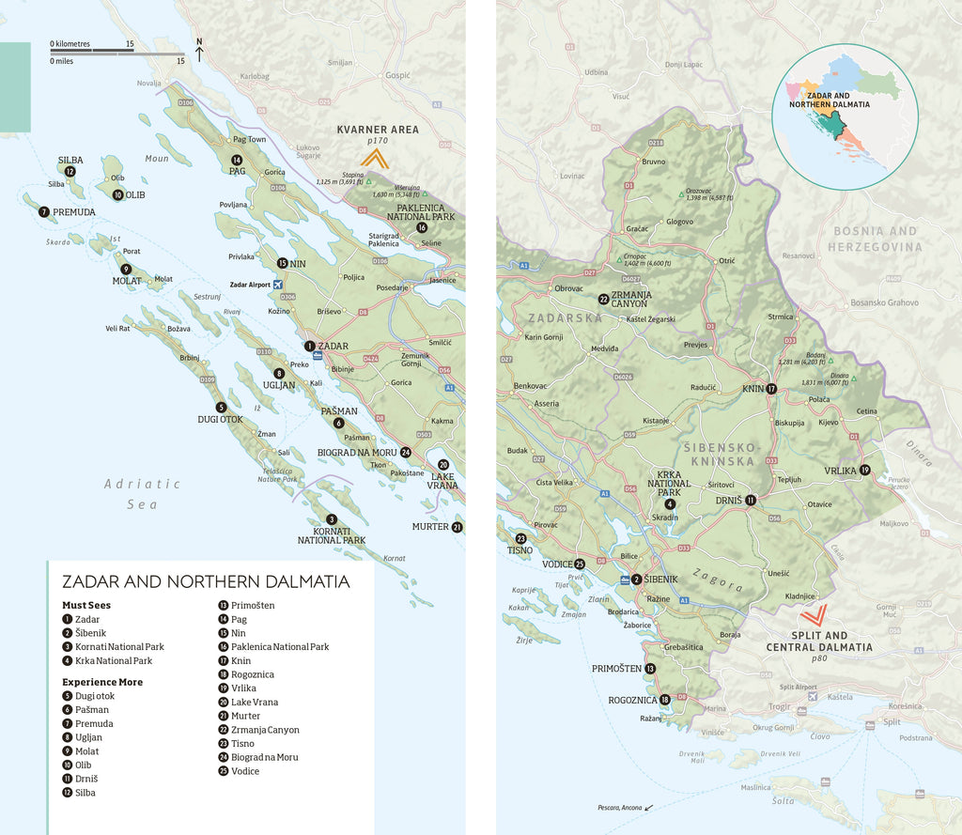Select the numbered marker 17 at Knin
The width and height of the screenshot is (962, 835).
coord(771,389)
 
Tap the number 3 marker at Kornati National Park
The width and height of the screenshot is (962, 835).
coord(332,519)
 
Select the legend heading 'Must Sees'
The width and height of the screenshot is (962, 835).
coord(86,606)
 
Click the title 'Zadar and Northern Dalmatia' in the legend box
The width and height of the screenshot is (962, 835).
coord(206,581)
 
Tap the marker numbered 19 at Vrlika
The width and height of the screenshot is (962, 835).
coord(864,471)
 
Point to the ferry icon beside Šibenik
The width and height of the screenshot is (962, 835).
coord(626,580)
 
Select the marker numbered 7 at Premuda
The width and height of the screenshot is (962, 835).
coord(44,212)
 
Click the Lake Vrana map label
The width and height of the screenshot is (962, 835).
coord(443,479)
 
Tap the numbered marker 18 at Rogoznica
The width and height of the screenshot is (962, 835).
coord(665,699)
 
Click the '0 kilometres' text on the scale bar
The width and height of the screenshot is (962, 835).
coord(70,44)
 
